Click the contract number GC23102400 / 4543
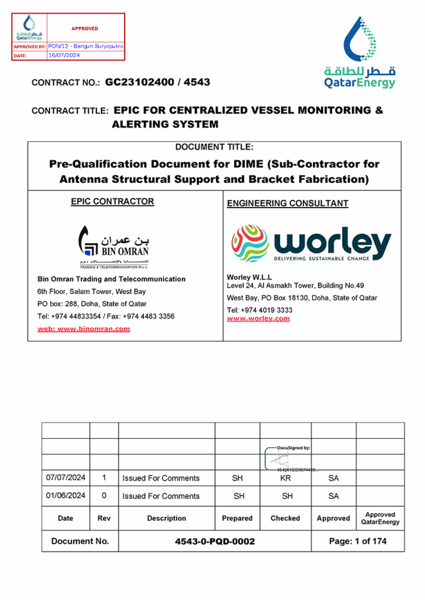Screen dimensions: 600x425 pyautogui.click(x=157, y=83)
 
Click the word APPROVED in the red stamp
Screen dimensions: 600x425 pyautogui.click(x=85, y=28)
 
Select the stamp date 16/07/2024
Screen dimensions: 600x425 pyautogui.click(x=63, y=55)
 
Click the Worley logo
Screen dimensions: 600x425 pyautogui.click(x=311, y=244)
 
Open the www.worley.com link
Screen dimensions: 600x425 pyautogui.click(x=258, y=318)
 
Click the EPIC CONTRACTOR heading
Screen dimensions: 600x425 pyautogui.click(x=112, y=202)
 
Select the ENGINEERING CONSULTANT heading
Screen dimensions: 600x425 pyautogui.click(x=287, y=203)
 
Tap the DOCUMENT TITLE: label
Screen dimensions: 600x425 pyautogui.click(x=214, y=147)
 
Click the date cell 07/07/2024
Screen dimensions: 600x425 pyautogui.click(x=66, y=478)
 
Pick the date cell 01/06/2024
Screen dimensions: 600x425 pyautogui.click(x=66, y=496)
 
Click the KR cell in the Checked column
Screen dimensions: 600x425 pyautogui.click(x=285, y=478)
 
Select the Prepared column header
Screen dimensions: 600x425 pyautogui.click(x=237, y=518)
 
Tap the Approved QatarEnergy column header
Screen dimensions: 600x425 pyautogui.click(x=380, y=518)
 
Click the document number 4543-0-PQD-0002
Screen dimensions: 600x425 pyautogui.click(x=215, y=541)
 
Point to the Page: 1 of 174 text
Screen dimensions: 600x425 pyautogui.click(x=357, y=541)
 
